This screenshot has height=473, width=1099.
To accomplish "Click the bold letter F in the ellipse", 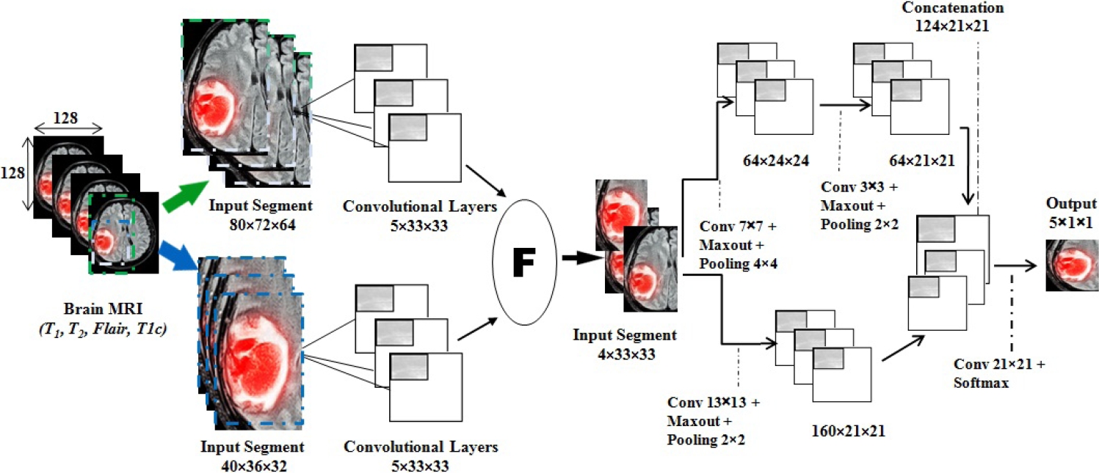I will click(x=524, y=262).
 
